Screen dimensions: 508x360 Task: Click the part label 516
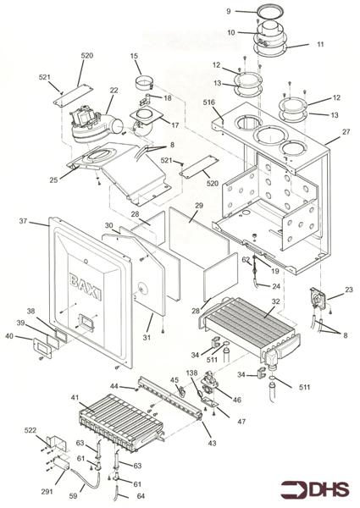click(x=210, y=101)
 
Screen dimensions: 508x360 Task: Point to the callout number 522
click(x=30, y=432)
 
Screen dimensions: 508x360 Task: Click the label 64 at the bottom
click(x=141, y=496)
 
